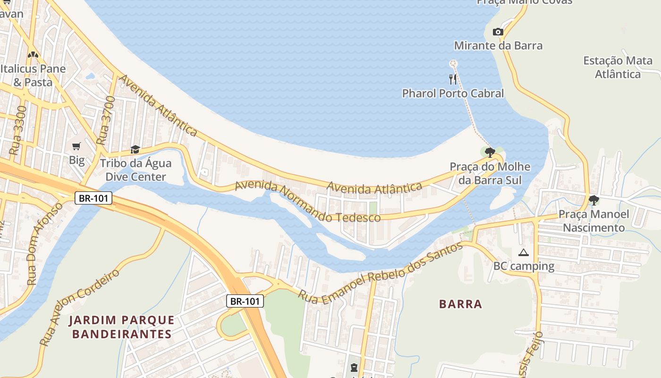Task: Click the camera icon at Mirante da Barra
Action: tap(498, 32)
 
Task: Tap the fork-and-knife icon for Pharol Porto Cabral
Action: tap(453, 79)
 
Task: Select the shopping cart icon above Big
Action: tap(76, 146)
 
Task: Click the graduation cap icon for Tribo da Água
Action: tap(135, 150)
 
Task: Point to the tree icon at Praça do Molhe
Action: tap(490, 152)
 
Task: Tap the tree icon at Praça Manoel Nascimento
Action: tap(593, 200)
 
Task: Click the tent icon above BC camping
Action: tap(523, 252)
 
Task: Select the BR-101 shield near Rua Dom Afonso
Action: tap(93, 198)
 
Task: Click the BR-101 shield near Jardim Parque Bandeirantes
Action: tap(245, 301)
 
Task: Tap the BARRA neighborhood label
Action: tap(460, 304)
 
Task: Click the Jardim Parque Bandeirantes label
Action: tap(121, 327)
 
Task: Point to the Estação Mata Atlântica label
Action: tap(618, 67)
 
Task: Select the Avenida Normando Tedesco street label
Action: tap(307, 202)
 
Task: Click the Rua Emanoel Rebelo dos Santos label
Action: tap(380, 273)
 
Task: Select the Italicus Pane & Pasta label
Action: tap(33, 75)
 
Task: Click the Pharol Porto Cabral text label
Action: tap(453, 94)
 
